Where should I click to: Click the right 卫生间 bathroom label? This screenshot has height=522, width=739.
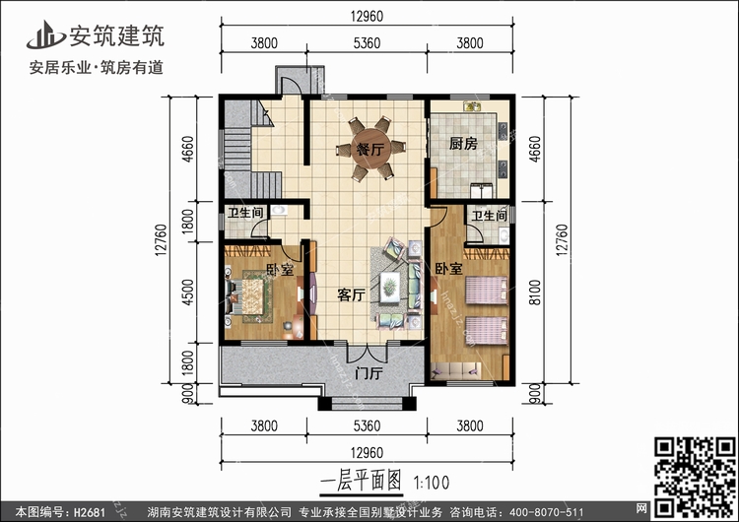tap(488, 216)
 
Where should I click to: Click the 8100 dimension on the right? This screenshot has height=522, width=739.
tap(533, 293)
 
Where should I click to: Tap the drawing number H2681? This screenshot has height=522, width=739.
tap(88, 512)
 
